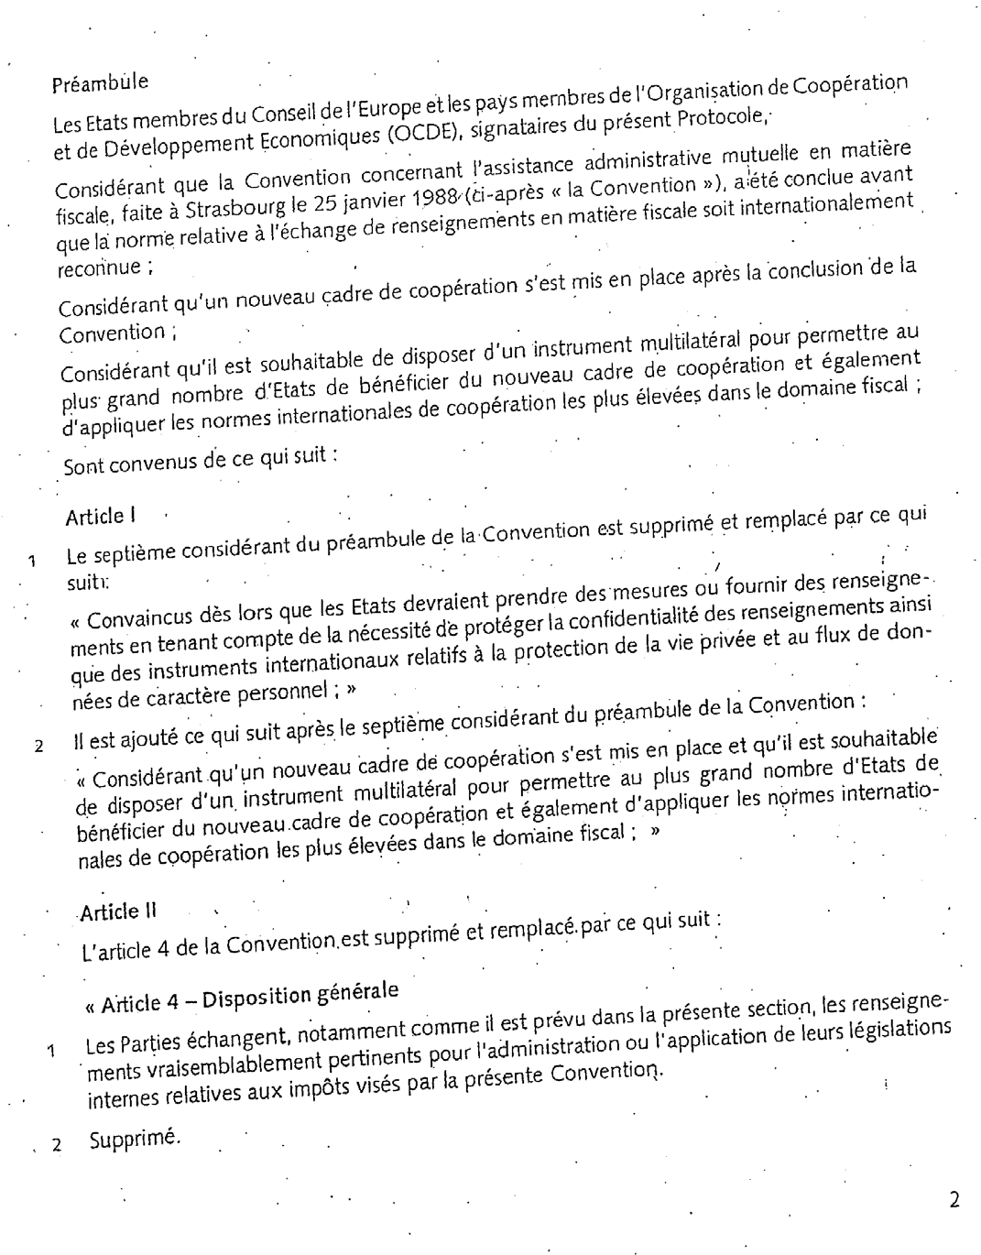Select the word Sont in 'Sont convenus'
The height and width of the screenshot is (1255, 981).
(x=85, y=467)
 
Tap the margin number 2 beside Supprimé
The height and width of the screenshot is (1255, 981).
(x=57, y=1144)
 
